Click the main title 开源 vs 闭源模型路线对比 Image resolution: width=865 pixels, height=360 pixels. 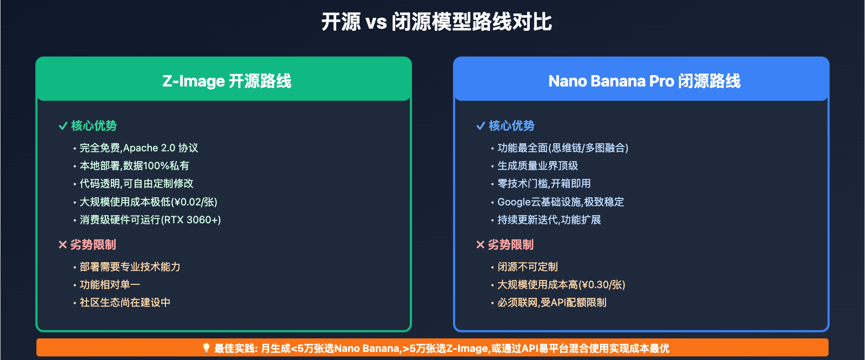tap(436, 22)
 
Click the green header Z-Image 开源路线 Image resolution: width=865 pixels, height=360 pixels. tap(227, 81)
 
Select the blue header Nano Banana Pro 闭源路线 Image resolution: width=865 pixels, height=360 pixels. tap(644, 81)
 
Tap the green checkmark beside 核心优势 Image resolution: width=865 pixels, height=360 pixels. tap(63, 126)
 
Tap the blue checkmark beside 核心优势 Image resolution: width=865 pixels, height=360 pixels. tap(481, 126)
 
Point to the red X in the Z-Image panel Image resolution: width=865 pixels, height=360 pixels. tap(63, 245)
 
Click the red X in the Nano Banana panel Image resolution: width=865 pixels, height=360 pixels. tap(480, 245)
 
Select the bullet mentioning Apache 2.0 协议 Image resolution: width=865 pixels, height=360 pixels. tap(138, 148)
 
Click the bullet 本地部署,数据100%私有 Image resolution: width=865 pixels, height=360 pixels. tap(134, 166)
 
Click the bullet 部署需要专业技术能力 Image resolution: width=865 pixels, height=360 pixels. tap(130, 267)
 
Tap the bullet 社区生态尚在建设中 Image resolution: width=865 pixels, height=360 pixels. tap(125, 303)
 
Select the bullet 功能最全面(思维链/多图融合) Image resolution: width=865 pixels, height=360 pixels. tap(562, 148)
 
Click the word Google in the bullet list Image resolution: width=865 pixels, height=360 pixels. tap(514, 202)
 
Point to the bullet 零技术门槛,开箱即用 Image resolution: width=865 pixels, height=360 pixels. tap(544, 184)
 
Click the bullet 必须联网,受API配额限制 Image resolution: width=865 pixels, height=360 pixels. tap(551, 303)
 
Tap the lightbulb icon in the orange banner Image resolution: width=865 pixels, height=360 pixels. tap(206, 348)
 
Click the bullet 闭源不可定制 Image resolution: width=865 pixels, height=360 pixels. tap(527, 267)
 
